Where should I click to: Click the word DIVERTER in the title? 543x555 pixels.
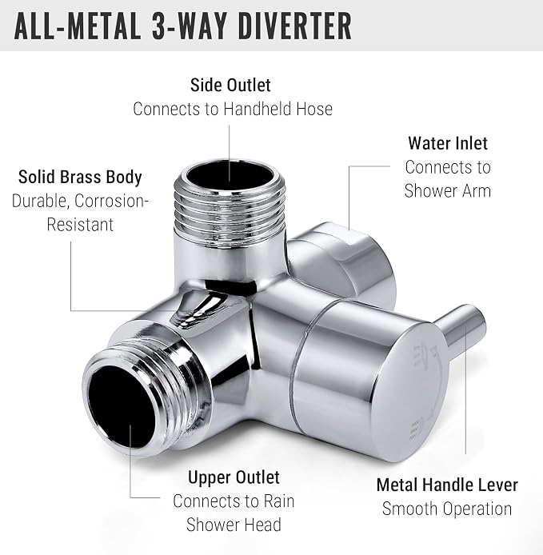point(295,26)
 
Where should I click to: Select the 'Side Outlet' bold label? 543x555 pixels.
point(230,85)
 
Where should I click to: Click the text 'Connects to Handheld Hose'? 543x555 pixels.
point(233,109)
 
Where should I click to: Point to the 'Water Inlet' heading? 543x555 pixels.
point(448,143)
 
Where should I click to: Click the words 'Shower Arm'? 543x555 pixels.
point(448,191)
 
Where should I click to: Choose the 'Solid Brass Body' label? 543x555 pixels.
point(80,177)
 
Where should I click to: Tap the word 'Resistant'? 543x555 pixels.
point(80,225)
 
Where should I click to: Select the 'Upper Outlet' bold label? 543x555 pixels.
point(234,477)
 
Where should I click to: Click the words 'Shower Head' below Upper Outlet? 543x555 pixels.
point(234,525)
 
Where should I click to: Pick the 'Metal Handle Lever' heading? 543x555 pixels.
point(447,485)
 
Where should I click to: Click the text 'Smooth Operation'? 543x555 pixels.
point(447,509)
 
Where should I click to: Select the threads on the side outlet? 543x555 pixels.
point(230,206)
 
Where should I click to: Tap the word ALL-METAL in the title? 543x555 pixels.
point(77,26)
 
